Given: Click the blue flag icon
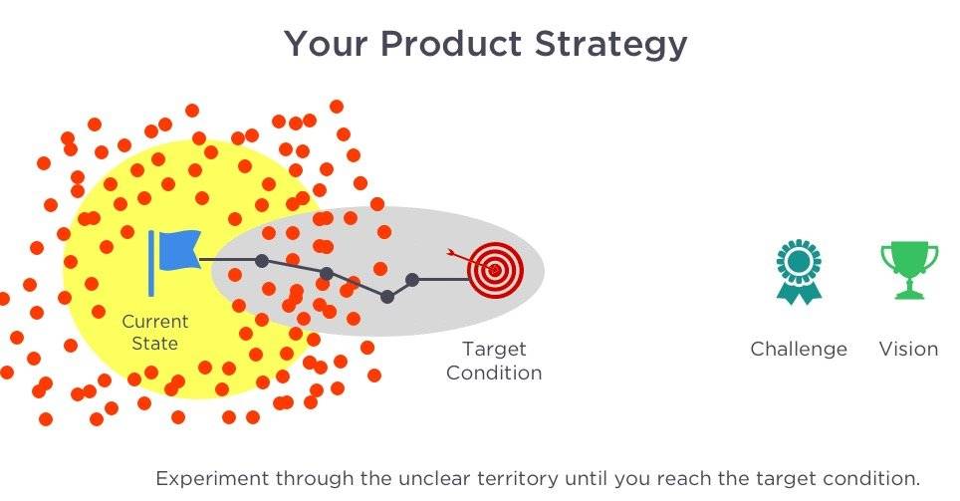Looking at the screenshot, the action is pos(174,262).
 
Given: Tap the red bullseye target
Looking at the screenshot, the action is pos(496,270).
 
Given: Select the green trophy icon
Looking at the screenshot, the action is pos(908,270).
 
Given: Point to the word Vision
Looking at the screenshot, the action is pos(908,350).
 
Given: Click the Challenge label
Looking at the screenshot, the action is pos(799,350).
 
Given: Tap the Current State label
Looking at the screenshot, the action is pos(155,332).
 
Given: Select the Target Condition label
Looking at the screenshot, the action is pos(494,361).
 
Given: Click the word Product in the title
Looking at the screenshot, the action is pos(450,44).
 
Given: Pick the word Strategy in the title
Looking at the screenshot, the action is pos(611,45).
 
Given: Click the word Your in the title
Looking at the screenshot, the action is pos(327,44).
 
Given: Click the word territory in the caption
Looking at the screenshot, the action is pos(518,478).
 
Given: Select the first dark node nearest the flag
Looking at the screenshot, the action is pos(262,261).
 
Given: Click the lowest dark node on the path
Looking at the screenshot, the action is pos(387,297).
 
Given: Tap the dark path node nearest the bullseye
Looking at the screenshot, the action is pos(412,280).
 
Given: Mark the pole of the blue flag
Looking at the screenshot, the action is pos(151,263).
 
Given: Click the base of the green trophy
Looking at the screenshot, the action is pos(909,295).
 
